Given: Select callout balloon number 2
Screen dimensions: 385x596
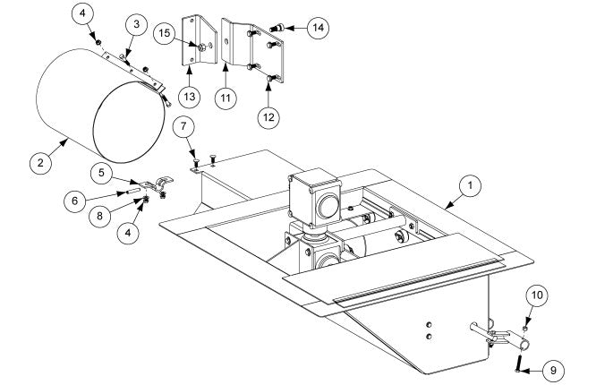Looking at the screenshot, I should click(x=39, y=164).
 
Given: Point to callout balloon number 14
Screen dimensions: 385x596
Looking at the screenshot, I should click(x=318, y=28).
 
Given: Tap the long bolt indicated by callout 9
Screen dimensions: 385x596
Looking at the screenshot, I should click(x=517, y=361).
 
